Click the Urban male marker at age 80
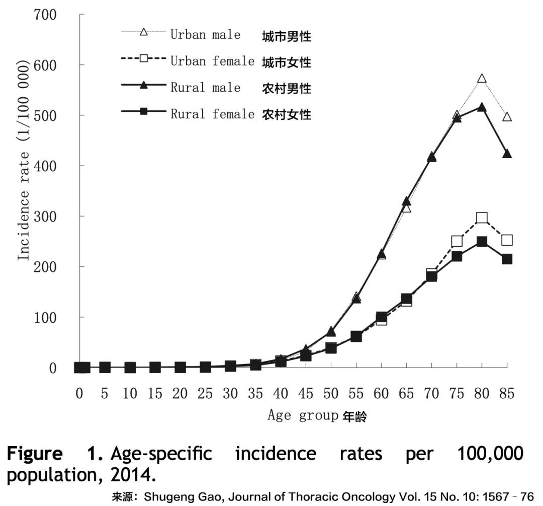coord(482,79)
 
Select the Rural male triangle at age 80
coord(482,107)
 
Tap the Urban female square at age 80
coord(482,218)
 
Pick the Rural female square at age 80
coord(482,242)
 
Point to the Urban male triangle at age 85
coord(507,117)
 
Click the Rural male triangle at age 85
coord(507,154)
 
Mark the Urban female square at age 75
coord(457,241)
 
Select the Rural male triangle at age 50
coord(331,331)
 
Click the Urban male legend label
coord(205,35)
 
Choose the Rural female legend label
coord(212,114)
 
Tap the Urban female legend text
coord(212,61)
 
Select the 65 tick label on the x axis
coord(406,393)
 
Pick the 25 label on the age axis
coord(205,393)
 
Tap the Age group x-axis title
coord(303,416)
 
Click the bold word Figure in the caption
coord(35,454)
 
